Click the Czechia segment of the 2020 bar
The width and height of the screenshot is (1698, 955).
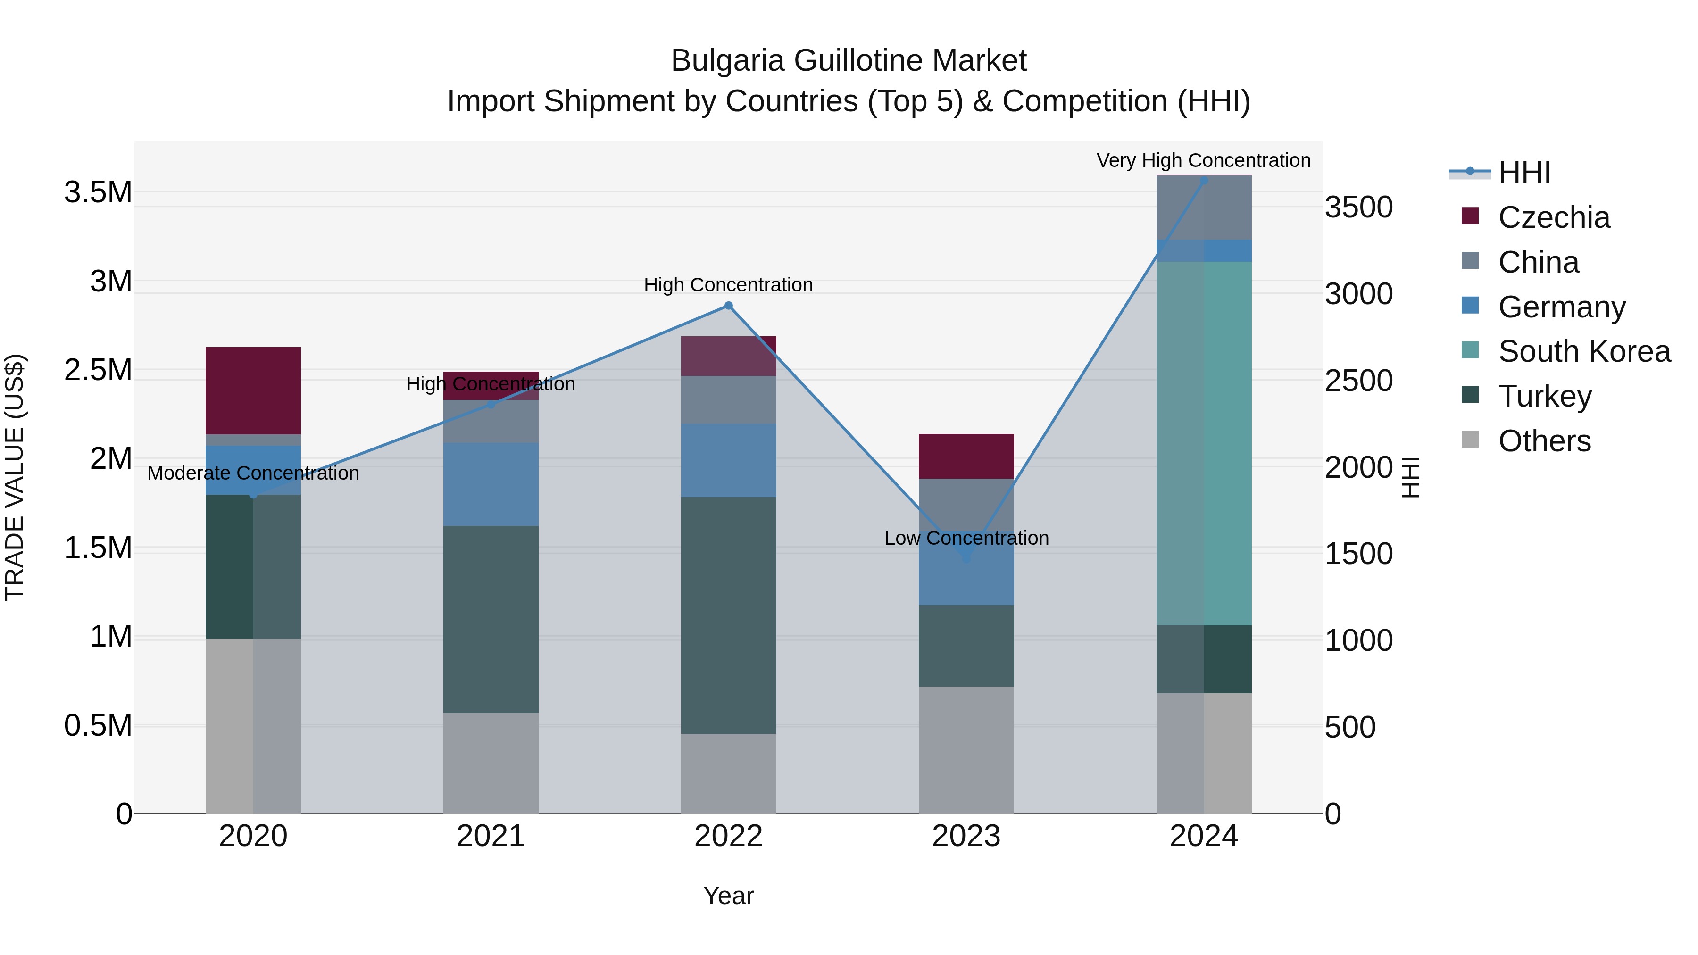tap(253, 390)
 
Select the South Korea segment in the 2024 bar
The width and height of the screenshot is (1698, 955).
tap(1204, 443)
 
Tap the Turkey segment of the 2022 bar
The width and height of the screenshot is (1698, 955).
tap(728, 615)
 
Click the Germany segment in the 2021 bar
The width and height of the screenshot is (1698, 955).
tap(491, 484)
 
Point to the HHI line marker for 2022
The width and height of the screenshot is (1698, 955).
tap(728, 306)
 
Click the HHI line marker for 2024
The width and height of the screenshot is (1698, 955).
tap(1204, 180)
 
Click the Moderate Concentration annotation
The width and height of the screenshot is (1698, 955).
tap(253, 473)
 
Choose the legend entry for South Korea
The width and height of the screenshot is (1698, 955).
tap(1584, 351)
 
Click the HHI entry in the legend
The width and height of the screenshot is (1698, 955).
tap(1524, 173)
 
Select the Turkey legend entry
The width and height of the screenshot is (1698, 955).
tap(1544, 396)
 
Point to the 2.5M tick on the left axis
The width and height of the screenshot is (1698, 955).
tap(98, 370)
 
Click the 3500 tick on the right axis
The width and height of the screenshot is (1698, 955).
tap(1358, 208)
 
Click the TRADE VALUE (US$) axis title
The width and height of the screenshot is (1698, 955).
tap(15, 477)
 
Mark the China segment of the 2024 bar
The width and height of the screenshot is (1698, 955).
tap(1204, 208)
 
